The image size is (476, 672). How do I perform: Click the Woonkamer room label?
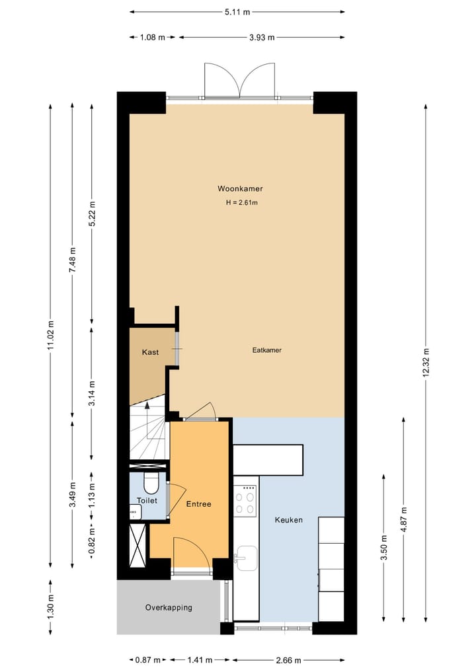coord(235,188)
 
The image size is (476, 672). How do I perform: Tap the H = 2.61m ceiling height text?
coord(241,203)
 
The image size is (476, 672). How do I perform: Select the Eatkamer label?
coord(267,350)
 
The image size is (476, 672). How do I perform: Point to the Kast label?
coord(150,353)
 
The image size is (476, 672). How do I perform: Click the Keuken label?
coord(289,520)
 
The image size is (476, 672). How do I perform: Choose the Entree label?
coord(198,504)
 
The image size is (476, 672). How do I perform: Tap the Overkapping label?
coord(169,607)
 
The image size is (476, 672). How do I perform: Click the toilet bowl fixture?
coord(151,484)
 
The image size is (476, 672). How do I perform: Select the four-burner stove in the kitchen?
coord(245,500)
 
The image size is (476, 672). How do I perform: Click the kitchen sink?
coord(245,557)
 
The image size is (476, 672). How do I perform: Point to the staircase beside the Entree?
coord(149,433)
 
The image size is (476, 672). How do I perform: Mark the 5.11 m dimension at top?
coord(237,12)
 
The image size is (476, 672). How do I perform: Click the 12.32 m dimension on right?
coord(426,362)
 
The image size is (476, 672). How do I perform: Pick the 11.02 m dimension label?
coord(51,336)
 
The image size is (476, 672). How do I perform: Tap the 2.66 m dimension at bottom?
coord(288,660)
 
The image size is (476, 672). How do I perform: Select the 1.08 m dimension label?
coord(152,37)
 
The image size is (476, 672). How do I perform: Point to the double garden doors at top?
coord(239,81)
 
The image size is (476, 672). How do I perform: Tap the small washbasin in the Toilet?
coord(134,512)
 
